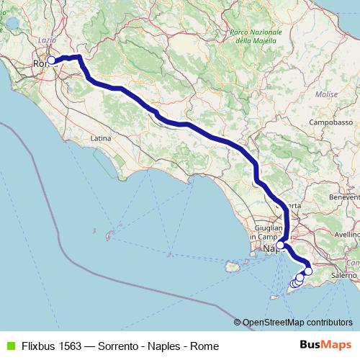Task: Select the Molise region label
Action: pos(326,94)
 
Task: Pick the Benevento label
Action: pos(343,197)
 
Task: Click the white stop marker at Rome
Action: pos(51,61)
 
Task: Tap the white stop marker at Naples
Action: pos(280,245)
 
